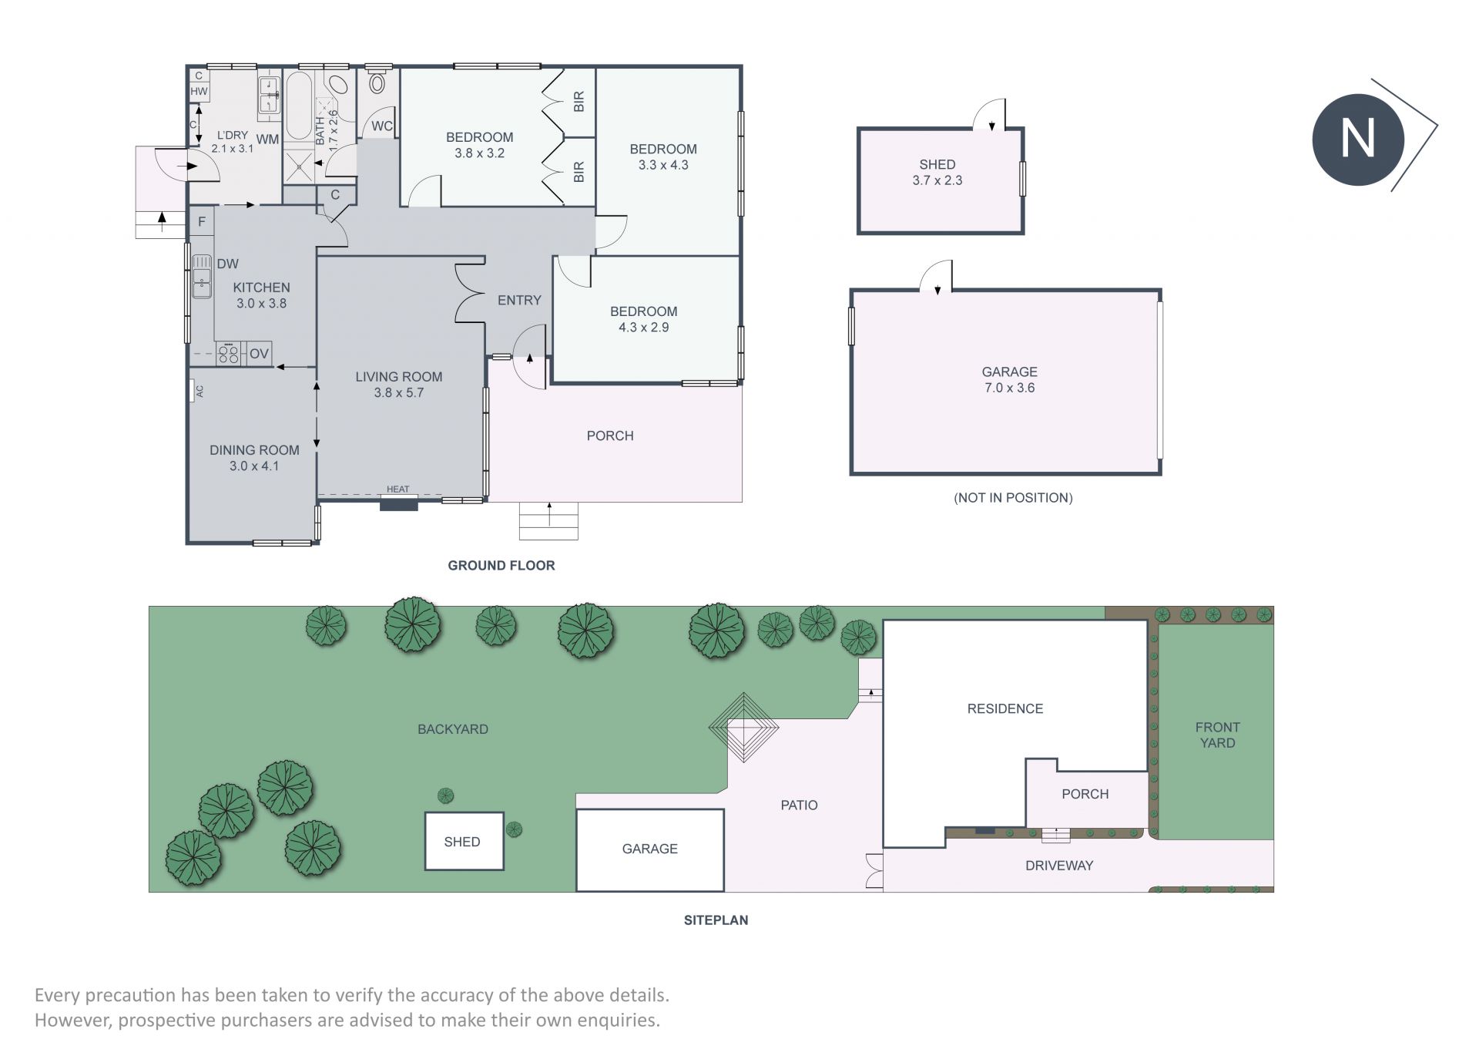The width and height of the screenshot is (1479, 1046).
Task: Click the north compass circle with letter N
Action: point(1357,140)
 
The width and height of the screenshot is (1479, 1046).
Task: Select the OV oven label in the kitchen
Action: point(259,354)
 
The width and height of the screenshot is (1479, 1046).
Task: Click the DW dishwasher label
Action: point(227,264)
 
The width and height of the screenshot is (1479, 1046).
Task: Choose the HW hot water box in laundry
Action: point(199,91)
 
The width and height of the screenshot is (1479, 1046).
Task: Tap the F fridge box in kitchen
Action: point(202,222)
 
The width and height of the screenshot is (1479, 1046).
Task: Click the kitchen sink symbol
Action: point(202,277)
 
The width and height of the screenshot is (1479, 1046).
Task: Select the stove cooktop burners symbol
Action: point(229,354)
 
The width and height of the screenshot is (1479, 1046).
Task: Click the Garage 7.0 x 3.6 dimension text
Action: point(1009,388)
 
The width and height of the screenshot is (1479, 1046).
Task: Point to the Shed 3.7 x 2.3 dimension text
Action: point(937,180)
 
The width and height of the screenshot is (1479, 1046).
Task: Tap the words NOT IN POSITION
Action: point(1013,498)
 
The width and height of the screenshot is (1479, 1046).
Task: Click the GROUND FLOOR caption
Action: point(501,566)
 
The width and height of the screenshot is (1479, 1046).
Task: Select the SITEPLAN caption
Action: point(716,920)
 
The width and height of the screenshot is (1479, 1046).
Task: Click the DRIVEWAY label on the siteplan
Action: point(1059,866)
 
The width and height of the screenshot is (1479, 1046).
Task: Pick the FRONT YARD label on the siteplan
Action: point(1217,735)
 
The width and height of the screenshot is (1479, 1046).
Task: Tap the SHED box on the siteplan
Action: point(464,841)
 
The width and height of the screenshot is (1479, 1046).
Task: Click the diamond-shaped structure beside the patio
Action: point(743,727)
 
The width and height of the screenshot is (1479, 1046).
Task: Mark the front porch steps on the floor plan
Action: point(548,521)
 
